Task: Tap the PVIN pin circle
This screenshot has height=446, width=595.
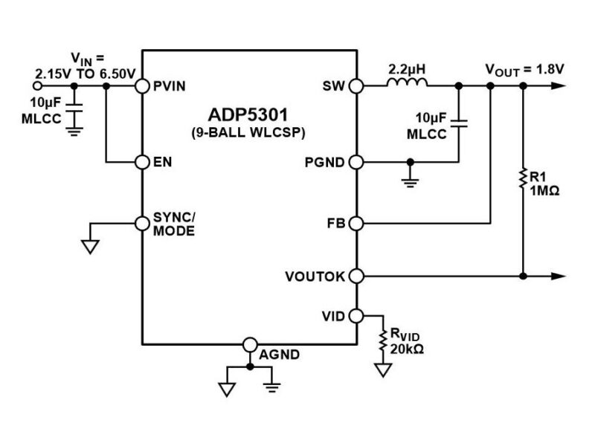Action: (142, 86)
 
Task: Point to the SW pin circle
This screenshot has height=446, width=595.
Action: (356, 86)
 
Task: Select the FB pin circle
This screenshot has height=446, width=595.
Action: (356, 222)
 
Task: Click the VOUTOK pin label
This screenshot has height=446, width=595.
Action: (315, 277)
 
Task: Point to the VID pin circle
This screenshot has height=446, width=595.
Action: (356, 315)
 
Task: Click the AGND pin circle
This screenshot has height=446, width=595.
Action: (251, 344)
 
